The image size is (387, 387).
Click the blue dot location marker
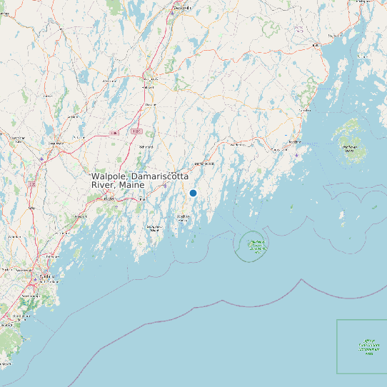pyautogui.click(x=193, y=193)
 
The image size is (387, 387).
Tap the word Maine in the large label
pyautogui.click(x=131, y=185)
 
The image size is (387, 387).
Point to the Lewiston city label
pyautogui.click(x=56, y=143)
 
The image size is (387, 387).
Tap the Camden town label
pyautogui.click(x=305, y=111)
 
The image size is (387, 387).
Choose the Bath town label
pyautogui.click(x=141, y=199)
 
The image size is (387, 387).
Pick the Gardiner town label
pyautogui.click(x=150, y=104)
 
